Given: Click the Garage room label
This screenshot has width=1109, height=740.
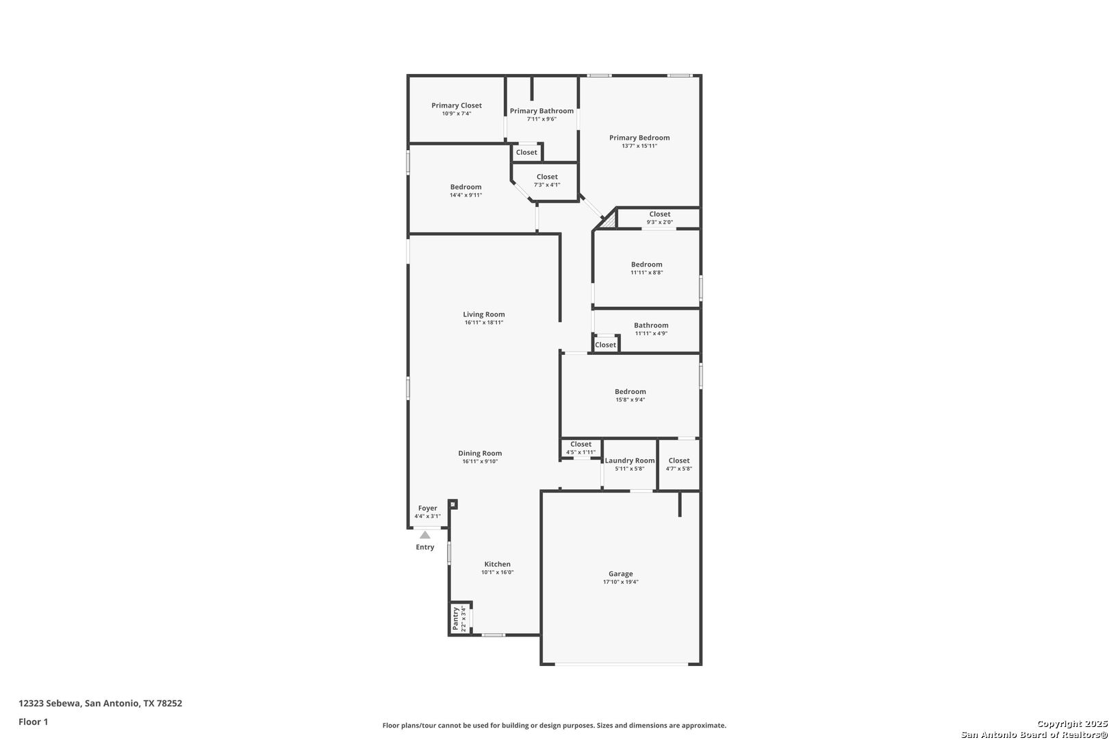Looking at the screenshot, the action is tap(620, 573).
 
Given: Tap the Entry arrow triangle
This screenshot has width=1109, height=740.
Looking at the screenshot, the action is tap(425, 535).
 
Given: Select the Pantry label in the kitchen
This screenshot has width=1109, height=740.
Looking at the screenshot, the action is tap(455, 619).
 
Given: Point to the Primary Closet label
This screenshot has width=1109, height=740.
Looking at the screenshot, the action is tap(457, 105).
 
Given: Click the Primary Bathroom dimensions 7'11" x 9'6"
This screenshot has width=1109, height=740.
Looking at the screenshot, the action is tap(541, 119).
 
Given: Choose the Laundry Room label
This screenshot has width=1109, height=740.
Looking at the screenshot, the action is tap(629, 460).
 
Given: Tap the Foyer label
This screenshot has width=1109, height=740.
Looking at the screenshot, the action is tap(427, 508).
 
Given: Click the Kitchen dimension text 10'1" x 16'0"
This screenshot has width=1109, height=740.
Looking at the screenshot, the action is tap(497, 572).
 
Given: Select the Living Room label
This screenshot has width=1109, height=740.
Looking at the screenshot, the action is tap(484, 314).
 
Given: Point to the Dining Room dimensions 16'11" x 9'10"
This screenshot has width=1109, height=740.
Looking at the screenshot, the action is tap(480, 461).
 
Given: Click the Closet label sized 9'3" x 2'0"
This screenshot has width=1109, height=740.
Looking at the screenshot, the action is tap(659, 214).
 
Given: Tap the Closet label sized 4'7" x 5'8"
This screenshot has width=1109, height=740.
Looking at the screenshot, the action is tap(679, 460).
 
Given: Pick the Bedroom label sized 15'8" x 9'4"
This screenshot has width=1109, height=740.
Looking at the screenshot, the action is tap(630, 391).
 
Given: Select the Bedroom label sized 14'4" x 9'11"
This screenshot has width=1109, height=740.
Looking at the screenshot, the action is tap(466, 187).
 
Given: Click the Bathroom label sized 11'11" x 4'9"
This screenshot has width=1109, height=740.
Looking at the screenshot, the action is tap(651, 325).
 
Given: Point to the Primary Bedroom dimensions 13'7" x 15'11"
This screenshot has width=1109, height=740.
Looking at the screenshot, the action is tap(639, 146).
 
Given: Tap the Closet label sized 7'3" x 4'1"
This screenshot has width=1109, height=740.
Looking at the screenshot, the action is tap(547, 177).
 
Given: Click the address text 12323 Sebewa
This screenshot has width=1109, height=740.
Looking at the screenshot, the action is tap(49, 703).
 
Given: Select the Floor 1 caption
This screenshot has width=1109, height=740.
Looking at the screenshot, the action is tap(33, 721).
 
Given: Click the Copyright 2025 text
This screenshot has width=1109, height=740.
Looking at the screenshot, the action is tap(1072, 724).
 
